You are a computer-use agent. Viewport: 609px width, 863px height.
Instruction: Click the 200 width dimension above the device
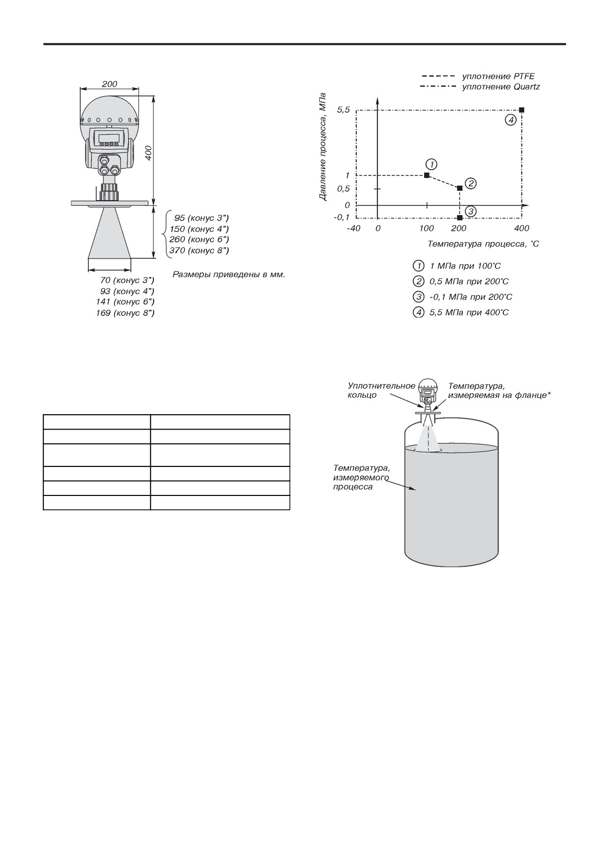[x=110, y=84]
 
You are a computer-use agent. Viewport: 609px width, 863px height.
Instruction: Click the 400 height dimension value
[x=148, y=152]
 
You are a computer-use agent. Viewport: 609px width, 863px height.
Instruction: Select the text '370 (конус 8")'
[x=199, y=250]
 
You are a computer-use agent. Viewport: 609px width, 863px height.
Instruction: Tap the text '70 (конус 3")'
[x=127, y=280]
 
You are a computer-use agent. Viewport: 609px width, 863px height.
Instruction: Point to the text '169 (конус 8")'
[x=125, y=313]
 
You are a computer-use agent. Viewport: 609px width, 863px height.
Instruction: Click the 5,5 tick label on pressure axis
[x=343, y=110]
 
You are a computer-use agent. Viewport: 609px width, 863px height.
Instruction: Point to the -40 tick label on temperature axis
[x=353, y=228]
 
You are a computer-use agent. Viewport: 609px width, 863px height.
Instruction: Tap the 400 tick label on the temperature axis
[x=522, y=228]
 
